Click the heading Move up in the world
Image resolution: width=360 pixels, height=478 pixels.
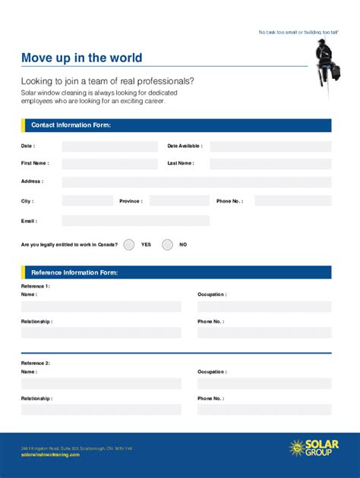click(81, 58)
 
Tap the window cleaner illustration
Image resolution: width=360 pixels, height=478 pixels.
click(327, 65)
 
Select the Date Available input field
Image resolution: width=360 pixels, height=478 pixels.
click(270, 146)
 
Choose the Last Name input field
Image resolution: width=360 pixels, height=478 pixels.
click(270, 164)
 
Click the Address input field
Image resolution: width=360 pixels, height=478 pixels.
click(196, 182)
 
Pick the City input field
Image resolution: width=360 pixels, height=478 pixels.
click(87, 201)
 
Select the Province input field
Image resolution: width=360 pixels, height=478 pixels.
click(178, 201)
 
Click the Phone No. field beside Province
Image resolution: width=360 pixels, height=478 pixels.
click(292, 201)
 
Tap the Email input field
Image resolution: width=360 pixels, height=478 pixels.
click(135, 221)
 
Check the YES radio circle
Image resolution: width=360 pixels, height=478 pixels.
click(129, 244)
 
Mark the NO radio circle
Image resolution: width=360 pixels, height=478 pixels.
click(167, 244)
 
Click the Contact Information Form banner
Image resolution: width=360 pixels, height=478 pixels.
click(176, 125)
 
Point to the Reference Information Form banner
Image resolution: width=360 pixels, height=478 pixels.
click(176, 272)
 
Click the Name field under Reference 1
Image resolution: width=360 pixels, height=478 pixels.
click(101, 307)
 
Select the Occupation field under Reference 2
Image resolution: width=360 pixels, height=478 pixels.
click(264, 384)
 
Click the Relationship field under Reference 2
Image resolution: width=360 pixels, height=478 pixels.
click(101, 410)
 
